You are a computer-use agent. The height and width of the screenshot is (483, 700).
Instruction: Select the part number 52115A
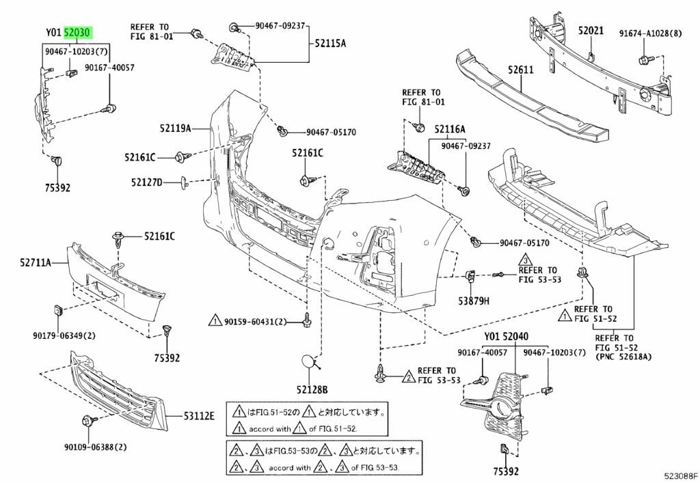(330, 43)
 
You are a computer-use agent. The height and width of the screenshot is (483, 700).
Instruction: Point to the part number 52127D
(148, 182)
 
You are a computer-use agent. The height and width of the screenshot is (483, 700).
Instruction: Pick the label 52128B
(311, 389)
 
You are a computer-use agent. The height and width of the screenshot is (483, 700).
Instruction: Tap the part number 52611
(522, 69)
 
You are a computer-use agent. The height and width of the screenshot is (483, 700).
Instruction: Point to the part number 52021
(591, 31)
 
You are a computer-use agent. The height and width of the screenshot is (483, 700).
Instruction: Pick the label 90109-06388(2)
(96, 447)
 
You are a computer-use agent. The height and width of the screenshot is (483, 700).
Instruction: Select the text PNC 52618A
(624, 357)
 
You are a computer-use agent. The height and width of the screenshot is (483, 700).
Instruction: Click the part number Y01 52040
(507, 337)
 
